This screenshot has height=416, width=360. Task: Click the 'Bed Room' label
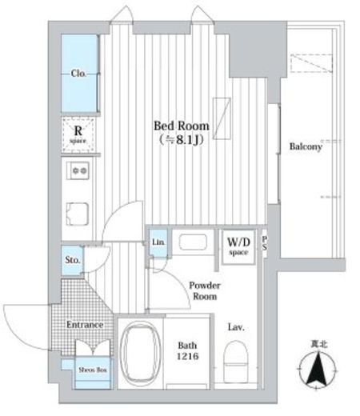pos(182,126)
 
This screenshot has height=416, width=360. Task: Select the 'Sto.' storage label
pos(72,260)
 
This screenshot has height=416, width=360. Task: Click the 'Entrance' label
pos(85,325)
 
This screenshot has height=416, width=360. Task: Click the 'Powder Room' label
pos(205,290)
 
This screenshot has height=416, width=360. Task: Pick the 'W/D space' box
pos(238,246)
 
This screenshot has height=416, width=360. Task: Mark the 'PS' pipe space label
pos(265,246)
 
